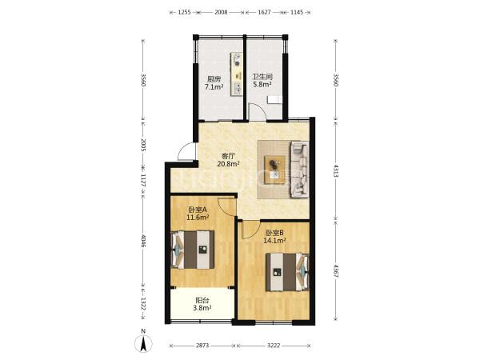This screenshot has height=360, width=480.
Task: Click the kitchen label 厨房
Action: click(x=214, y=79)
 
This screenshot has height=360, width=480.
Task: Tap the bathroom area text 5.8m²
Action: click(x=262, y=84)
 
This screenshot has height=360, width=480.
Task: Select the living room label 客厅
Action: click(x=228, y=156)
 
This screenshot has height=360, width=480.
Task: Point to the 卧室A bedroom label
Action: click(x=198, y=210)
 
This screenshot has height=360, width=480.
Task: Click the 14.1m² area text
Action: click(x=274, y=240)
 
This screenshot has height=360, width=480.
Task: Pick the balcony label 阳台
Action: click(x=202, y=301)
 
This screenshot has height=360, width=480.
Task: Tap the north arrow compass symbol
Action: click(x=143, y=343)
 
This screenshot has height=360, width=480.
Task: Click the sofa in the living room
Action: click(x=299, y=170)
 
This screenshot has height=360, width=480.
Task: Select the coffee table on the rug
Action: click(x=275, y=170)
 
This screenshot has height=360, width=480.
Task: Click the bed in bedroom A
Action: click(x=193, y=250)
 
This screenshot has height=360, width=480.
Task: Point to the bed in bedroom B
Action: click(x=287, y=271)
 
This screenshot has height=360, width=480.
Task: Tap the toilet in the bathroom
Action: click(x=274, y=100)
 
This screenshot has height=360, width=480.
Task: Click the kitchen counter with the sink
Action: click(x=237, y=74)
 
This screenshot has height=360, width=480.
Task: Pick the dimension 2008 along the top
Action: click(x=221, y=12)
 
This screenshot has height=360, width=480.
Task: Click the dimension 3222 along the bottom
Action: click(x=274, y=346)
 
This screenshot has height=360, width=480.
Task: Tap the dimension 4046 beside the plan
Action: click(x=143, y=241)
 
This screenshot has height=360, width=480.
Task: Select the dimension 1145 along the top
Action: click(x=296, y=12)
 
